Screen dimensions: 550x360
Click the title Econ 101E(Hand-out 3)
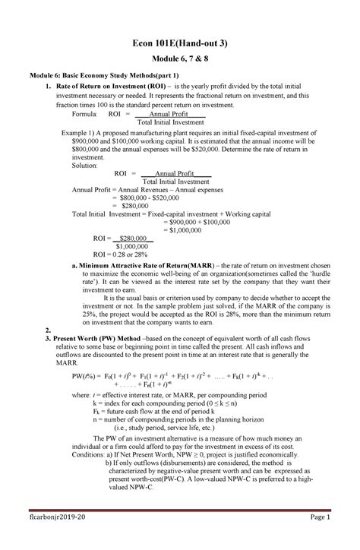180,44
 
